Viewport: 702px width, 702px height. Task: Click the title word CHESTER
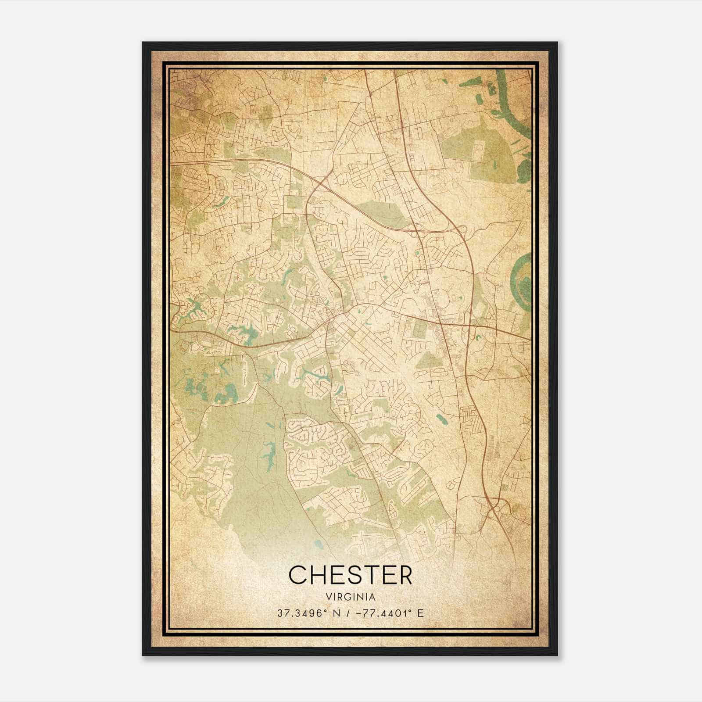pyautogui.click(x=351, y=575)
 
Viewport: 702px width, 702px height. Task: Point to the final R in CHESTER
pyautogui.click(x=405, y=575)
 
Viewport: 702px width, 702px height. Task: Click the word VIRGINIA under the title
pyautogui.click(x=351, y=597)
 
